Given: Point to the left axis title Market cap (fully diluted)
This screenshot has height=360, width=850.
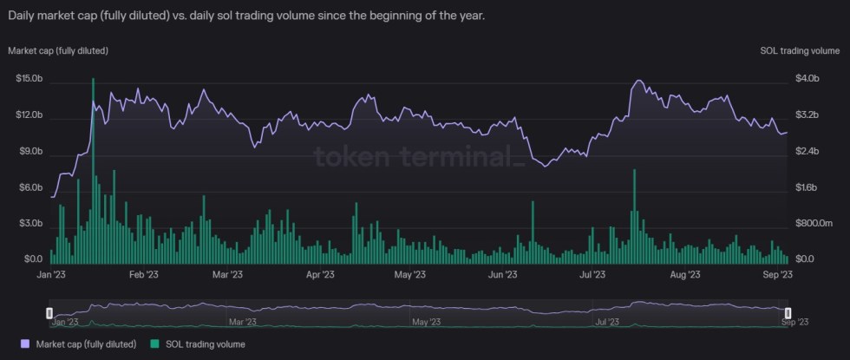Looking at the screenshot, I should click(x=58, y=50).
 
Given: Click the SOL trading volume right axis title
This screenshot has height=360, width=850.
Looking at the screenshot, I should click(x=796, y=50).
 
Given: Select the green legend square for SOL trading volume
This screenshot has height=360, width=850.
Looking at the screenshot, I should click(x=156, y=344).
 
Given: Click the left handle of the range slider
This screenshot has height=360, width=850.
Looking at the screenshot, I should click(x=49, y=312).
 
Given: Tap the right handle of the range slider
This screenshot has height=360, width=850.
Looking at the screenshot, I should click(x=788, y=312).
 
